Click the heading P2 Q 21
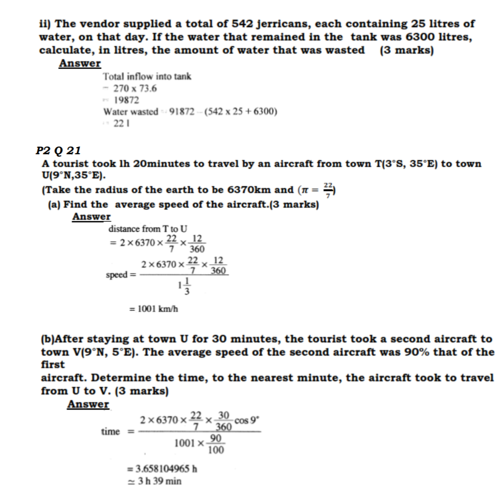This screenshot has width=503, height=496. [x=58, y=151]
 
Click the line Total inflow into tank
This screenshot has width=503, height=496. [x=147, y=77]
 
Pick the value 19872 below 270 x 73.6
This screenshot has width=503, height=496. [x=126, y=100]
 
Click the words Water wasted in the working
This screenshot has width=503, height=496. [x=130, y=112]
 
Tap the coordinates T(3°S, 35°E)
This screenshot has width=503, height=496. [x=401, y=163]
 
